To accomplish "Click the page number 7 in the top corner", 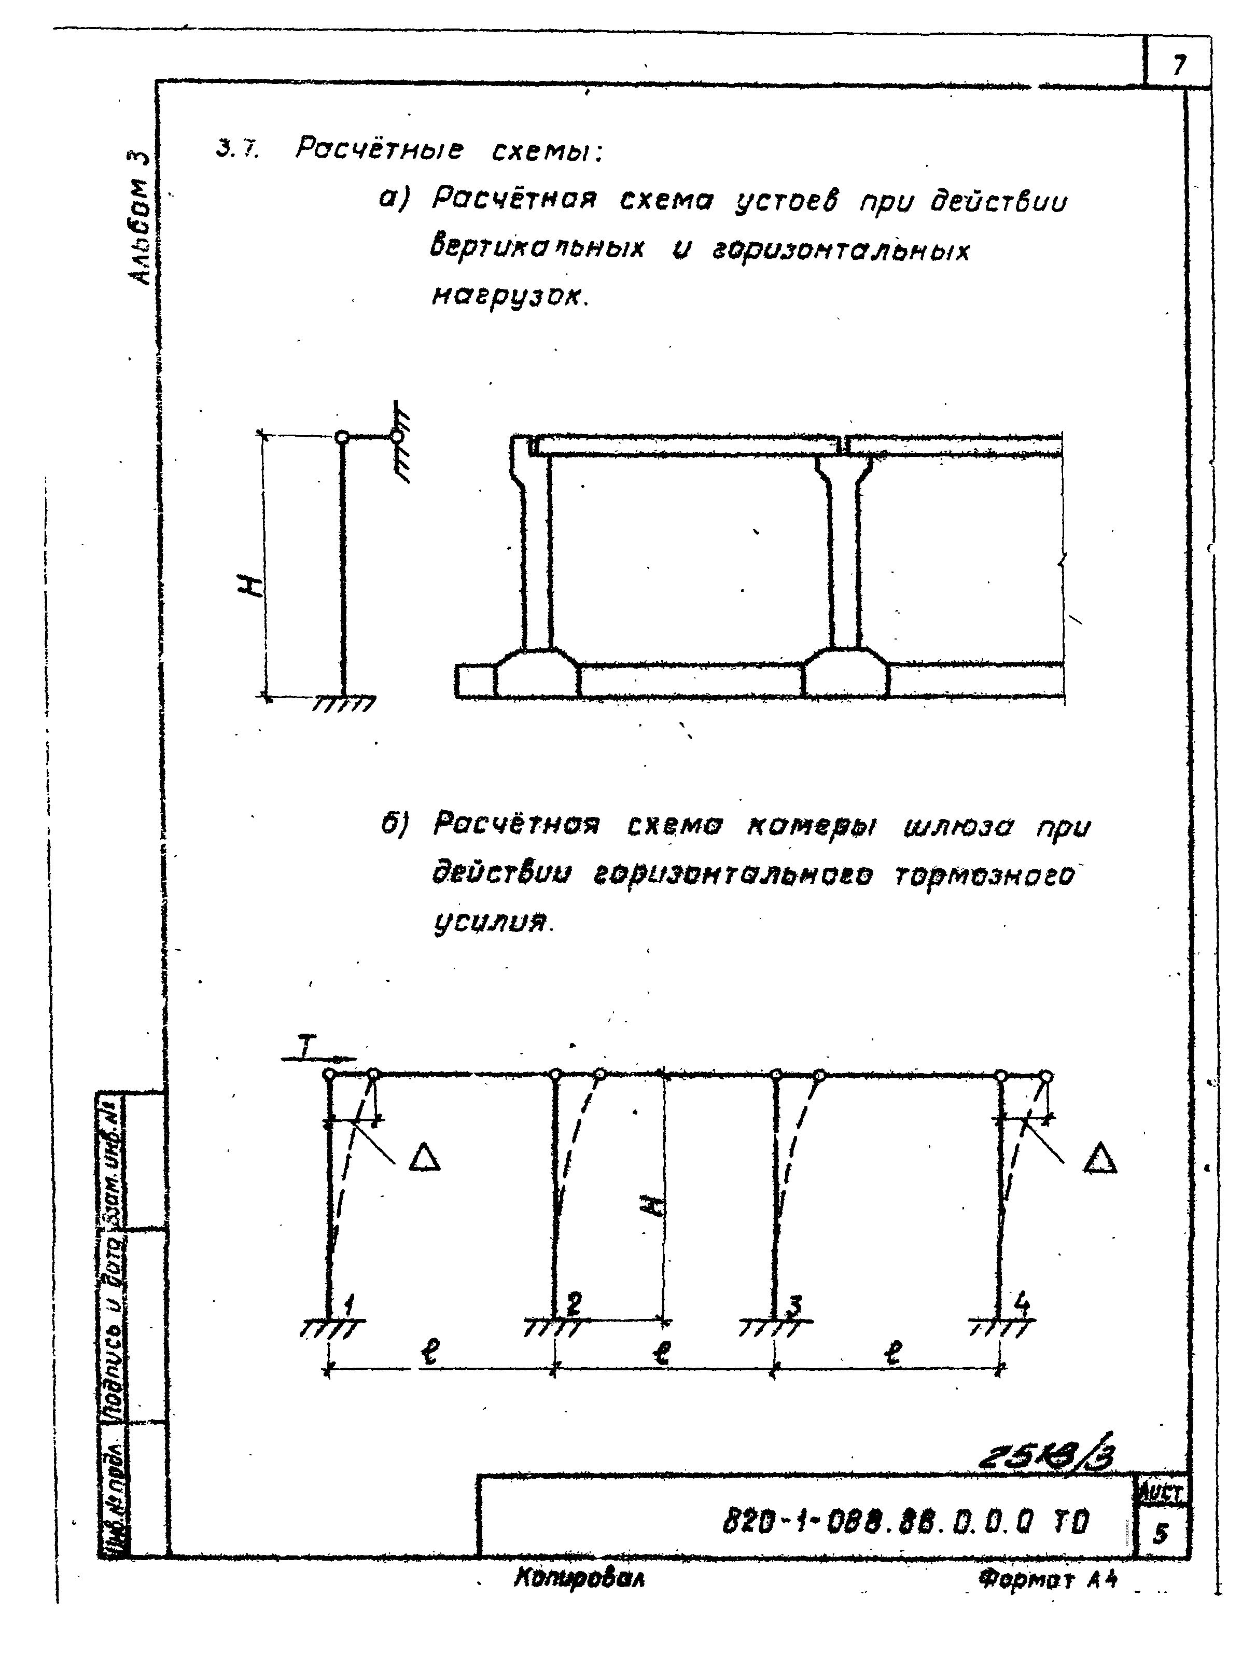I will pos(1178,66).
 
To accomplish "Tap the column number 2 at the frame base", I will pos(574,1304).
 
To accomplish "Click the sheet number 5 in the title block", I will pos(1160,1533).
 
